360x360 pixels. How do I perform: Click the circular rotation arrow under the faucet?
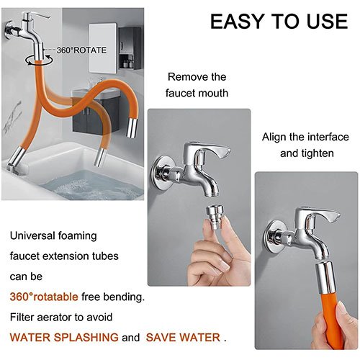(x=31, y=55)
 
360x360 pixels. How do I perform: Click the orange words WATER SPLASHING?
(x=64, y=336)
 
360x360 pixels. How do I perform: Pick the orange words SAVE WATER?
(x=183, y=336)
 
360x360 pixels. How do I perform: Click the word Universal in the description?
(x=34, y=235)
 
